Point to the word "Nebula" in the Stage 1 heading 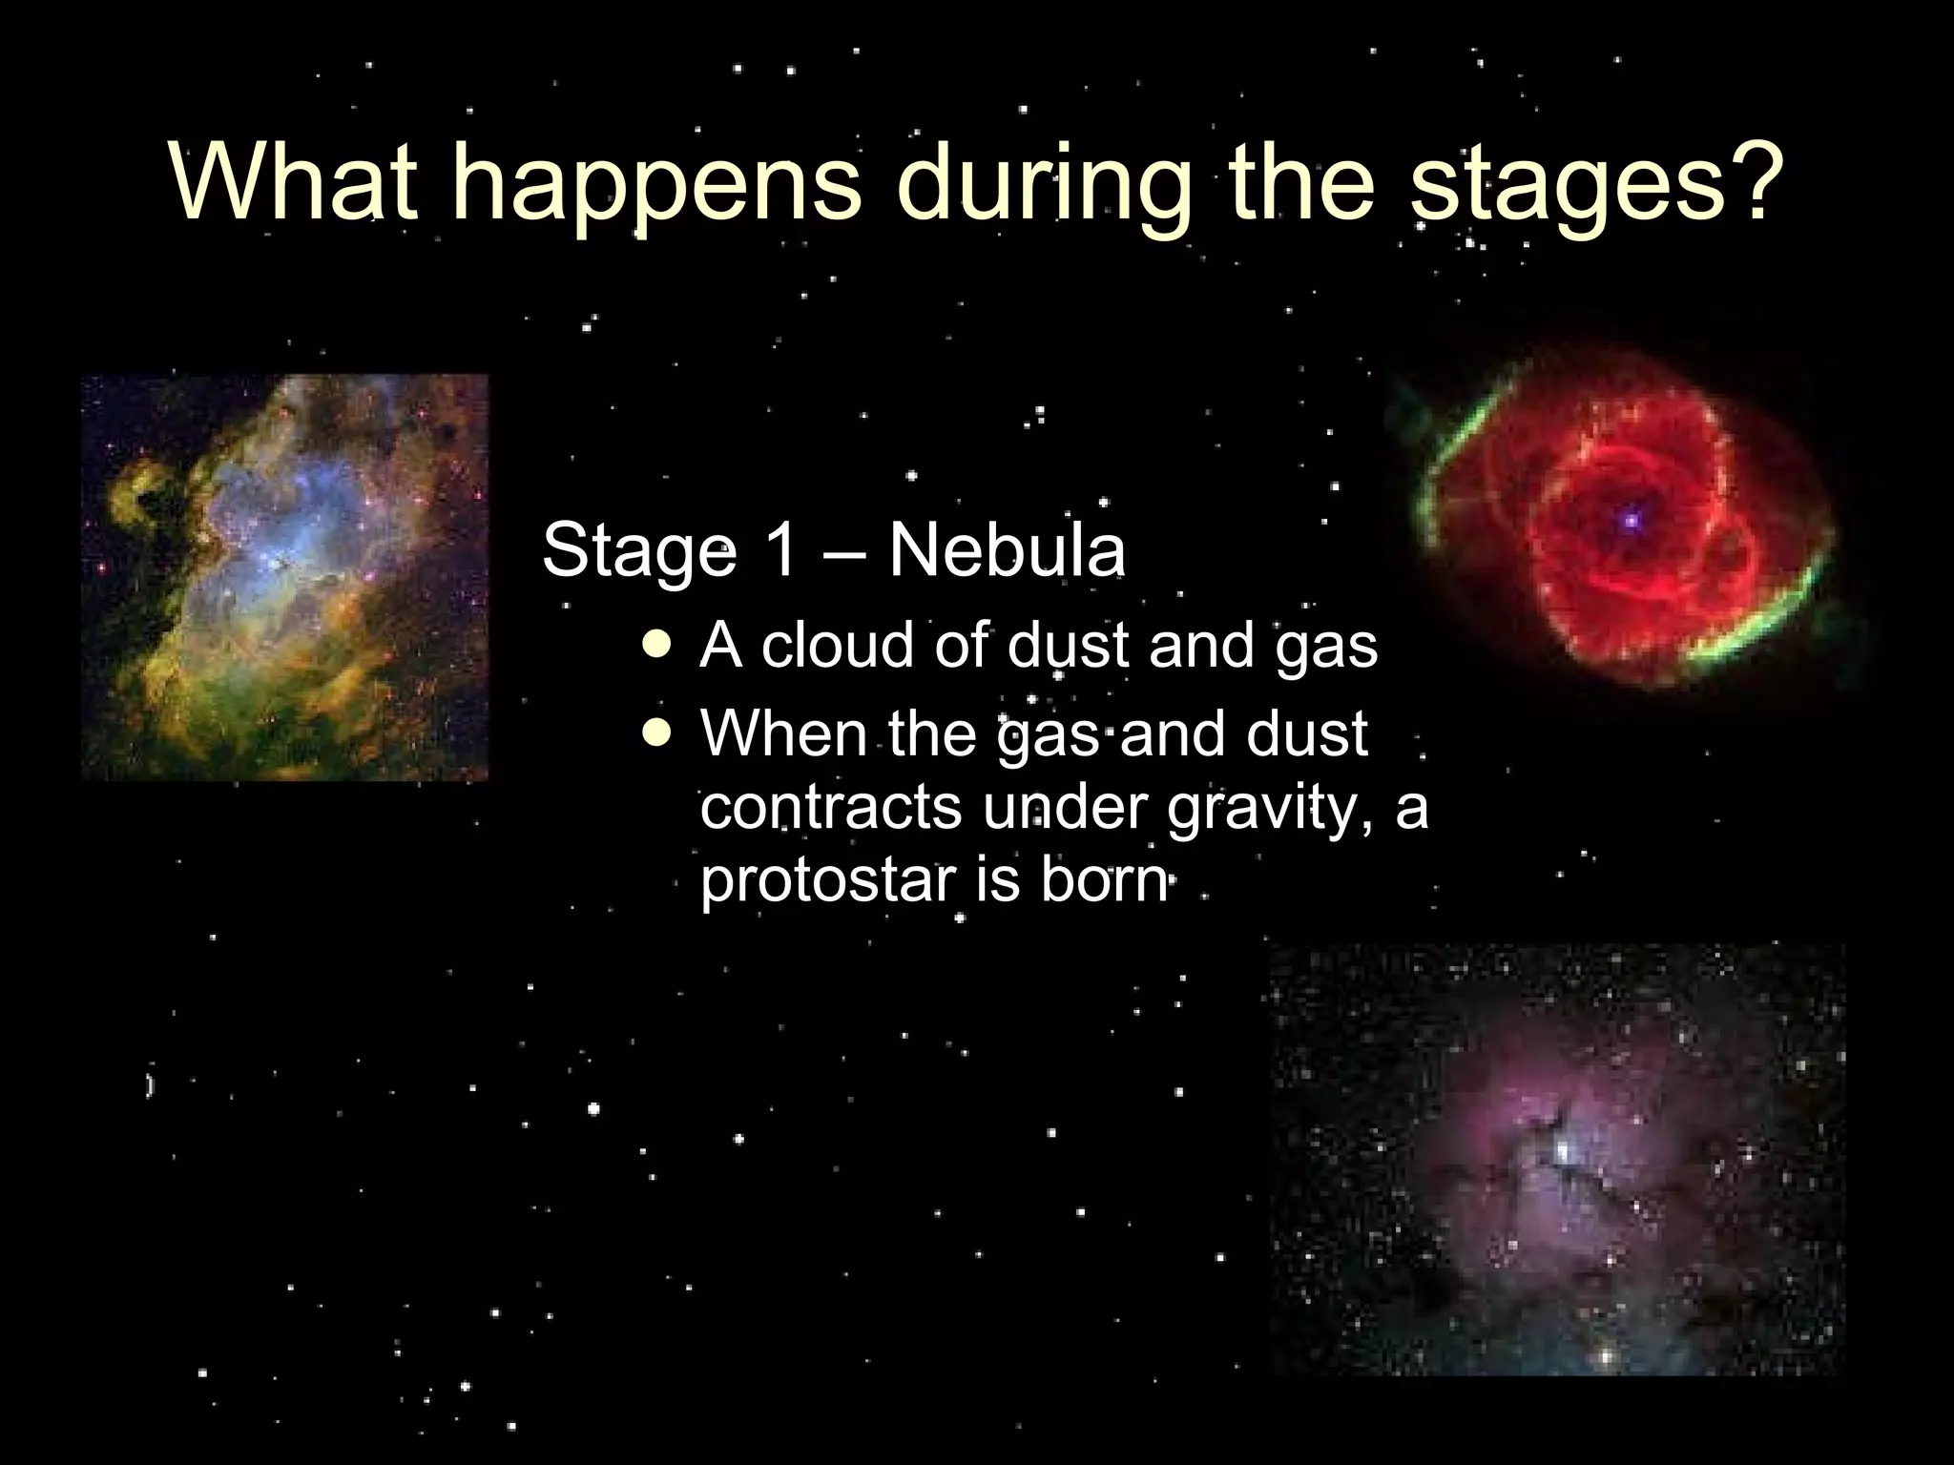pyautogui.click(x=1007, y=550)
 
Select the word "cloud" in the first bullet pyautogui.click(x=840, y=646)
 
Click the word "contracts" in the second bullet pyautogui.click(x=832, y=808)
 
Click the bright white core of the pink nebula pyautogui.click(x=1563, y=1151)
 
